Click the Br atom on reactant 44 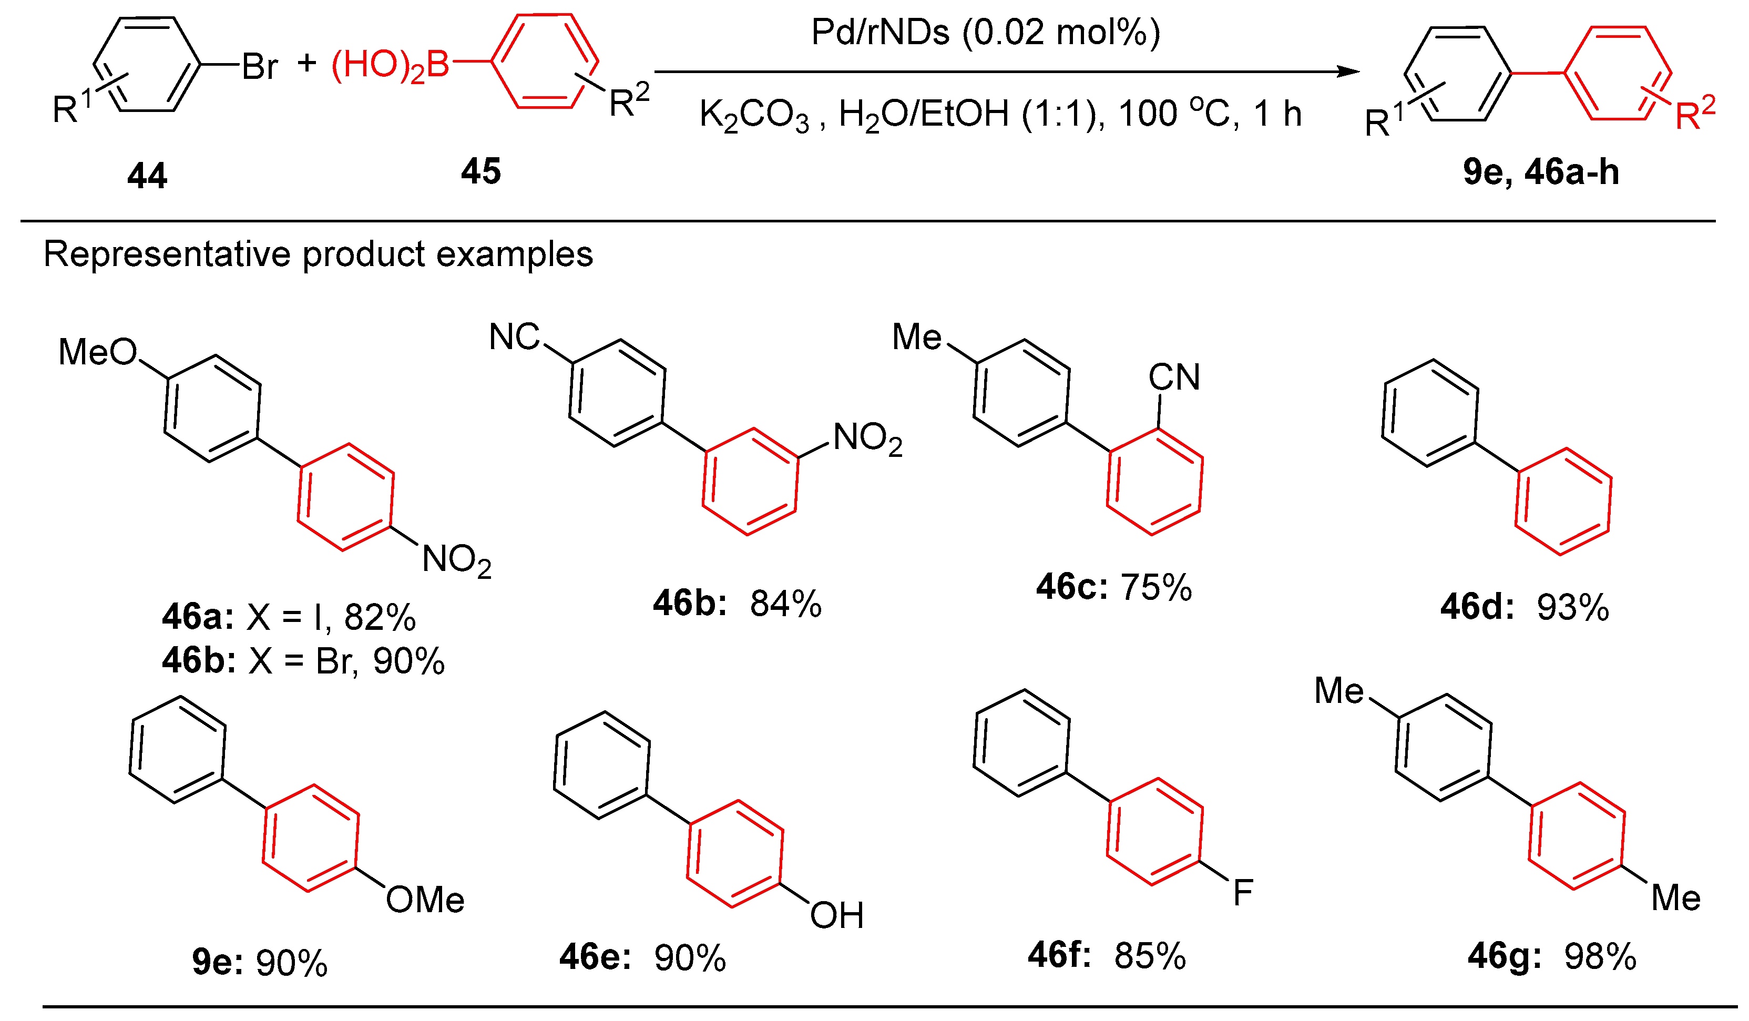coord(260,67)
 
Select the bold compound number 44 coord(147,176)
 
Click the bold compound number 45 coord(480,171)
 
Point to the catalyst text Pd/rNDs coord(879,33)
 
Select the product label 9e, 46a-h coord(1541,172)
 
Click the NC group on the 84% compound coord(514,338)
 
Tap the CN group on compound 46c coord(1174,377)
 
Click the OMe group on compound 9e coord(425,900)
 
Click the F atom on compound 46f coord(1242,893)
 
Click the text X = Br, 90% coord(345,661)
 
